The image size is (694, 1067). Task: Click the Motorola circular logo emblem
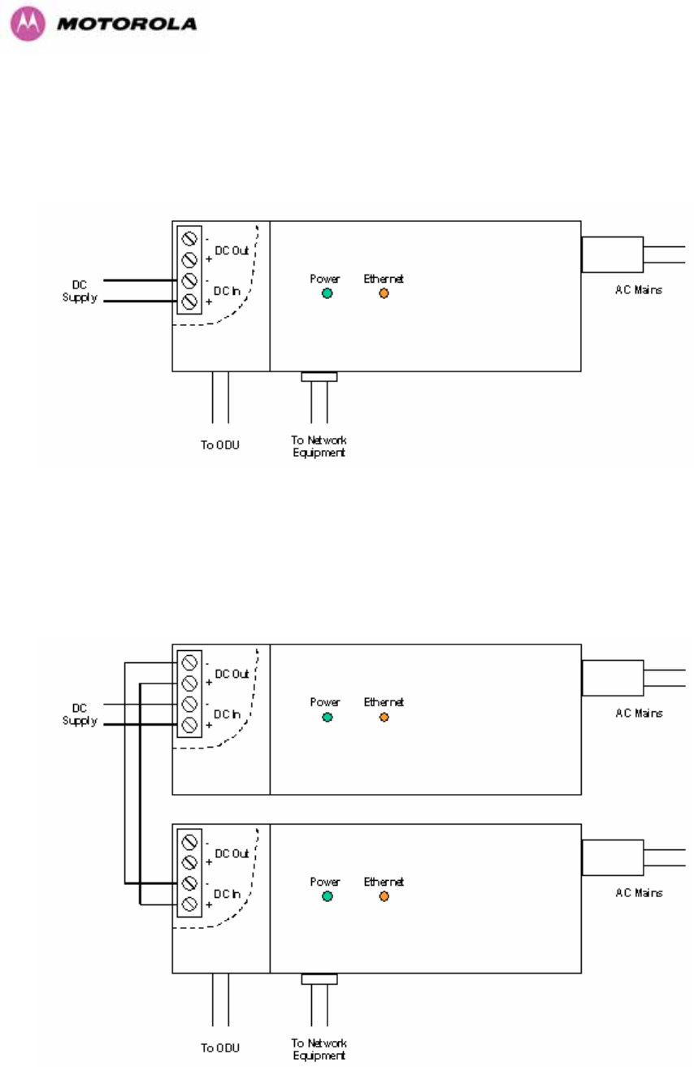pos(28,24)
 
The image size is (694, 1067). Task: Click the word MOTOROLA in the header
pos(127,24)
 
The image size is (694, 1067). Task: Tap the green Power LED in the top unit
pos(327,293)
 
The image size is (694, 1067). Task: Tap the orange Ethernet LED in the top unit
pos(384,293)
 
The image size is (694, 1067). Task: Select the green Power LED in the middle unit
pos(327,717)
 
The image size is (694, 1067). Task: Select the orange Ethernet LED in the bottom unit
pos(384,896)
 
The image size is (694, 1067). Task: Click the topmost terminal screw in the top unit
pos(189,238)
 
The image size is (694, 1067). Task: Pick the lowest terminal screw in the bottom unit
pos(189,904)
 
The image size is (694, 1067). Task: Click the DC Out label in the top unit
pos(232,250)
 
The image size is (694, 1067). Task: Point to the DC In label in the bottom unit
pos(227,894)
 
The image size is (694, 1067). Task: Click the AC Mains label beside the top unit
pos(638,289)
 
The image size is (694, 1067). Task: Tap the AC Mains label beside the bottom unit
pos(639,892)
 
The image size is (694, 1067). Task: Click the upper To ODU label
pos(219,445)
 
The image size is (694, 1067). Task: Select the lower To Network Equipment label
pos(319,1049)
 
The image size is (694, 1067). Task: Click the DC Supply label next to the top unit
pos(80,291)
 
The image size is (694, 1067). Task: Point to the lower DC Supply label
pos(80,714)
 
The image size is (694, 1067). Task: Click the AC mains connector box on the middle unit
pos(613,678)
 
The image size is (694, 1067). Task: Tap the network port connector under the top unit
pos(319,377)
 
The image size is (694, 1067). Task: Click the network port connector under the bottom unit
pos(319,979)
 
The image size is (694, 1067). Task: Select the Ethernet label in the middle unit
pos(384,702)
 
